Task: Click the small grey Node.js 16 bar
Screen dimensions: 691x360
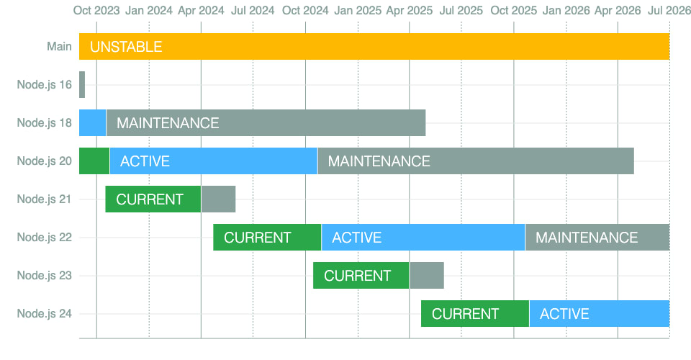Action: point(82,85)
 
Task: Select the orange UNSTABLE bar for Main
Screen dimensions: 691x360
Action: point(374,46)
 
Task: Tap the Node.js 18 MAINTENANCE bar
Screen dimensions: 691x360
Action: point(266,123)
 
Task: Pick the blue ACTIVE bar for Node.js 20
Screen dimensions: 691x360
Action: point(214,161)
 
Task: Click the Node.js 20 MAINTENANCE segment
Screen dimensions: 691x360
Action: point(476,161)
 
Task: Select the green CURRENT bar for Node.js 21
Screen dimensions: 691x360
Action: point(153,199)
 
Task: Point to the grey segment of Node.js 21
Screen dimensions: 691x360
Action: point(219,199)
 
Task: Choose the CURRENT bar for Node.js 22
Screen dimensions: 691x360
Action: point(268,238)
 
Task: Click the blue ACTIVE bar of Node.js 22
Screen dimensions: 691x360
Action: point(423,238)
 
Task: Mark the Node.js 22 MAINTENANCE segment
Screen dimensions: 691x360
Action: point(597,238)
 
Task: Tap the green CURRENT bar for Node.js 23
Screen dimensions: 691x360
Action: point(361,275)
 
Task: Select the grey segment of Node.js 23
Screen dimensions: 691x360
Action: point(427,275)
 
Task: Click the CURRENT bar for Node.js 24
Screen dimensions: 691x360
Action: point(475,314)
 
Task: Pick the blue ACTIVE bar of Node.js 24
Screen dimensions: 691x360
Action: point(600,314)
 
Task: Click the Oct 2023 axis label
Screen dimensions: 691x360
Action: point(96,11)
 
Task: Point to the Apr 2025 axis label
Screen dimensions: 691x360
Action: point(410,11)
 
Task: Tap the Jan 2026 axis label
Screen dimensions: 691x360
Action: point(566,11)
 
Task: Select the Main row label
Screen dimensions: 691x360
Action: point(59,46)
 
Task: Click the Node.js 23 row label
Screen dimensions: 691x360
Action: point(44,275)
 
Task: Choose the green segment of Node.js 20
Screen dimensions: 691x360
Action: point(94,161)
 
